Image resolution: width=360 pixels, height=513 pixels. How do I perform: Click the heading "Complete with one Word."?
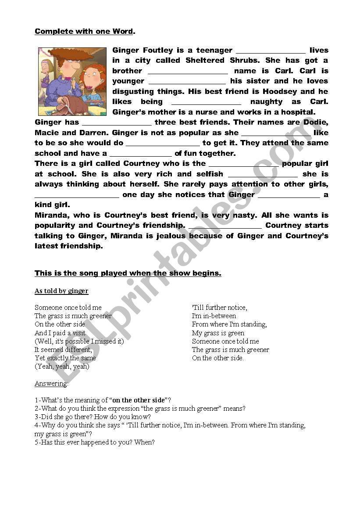coord(85,31)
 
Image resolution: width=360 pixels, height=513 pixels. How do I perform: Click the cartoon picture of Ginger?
coord(72,81)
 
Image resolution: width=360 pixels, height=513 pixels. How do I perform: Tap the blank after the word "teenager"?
coord(270,51)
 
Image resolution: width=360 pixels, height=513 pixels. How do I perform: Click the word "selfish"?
coord(210,174)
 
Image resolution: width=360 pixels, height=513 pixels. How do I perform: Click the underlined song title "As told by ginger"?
coord(61,291)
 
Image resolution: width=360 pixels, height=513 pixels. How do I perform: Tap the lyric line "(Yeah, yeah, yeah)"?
coord(62,366)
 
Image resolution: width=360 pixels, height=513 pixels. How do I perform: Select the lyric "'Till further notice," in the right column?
coord(219,308)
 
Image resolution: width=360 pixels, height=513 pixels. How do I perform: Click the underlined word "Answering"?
coord(51,384)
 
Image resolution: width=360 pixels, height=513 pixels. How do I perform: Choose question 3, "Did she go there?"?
coord(93,417)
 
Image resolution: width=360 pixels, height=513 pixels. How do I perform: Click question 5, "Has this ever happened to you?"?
coord(95,442)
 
